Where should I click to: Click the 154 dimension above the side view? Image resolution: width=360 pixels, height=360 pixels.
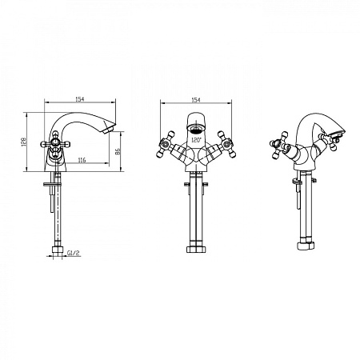[x=80, y=99]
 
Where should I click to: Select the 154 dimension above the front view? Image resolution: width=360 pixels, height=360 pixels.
[x=196, y=100]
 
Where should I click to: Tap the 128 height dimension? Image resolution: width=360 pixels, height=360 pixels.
[x=24, y=142]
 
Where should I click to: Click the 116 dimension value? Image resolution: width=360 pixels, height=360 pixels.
[x=82, y=160]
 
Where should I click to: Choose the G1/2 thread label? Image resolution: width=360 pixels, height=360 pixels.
[x=74, y=253]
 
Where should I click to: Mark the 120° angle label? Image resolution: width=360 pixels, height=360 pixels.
[x=196, y=140]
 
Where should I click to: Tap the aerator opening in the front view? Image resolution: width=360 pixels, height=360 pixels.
[x=196, y=130]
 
